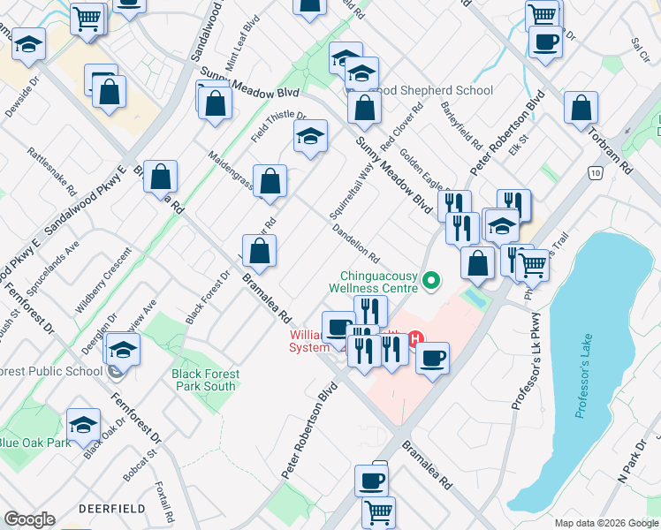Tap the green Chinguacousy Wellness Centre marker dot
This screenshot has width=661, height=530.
[x=431, y=281]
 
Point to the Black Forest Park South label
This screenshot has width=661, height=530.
[x=204, y=380]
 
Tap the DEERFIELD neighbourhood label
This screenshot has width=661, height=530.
[x=111, y=510]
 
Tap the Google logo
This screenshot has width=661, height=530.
[x=28, y=519]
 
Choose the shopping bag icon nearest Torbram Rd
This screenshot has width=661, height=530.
[x=581, y=110]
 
